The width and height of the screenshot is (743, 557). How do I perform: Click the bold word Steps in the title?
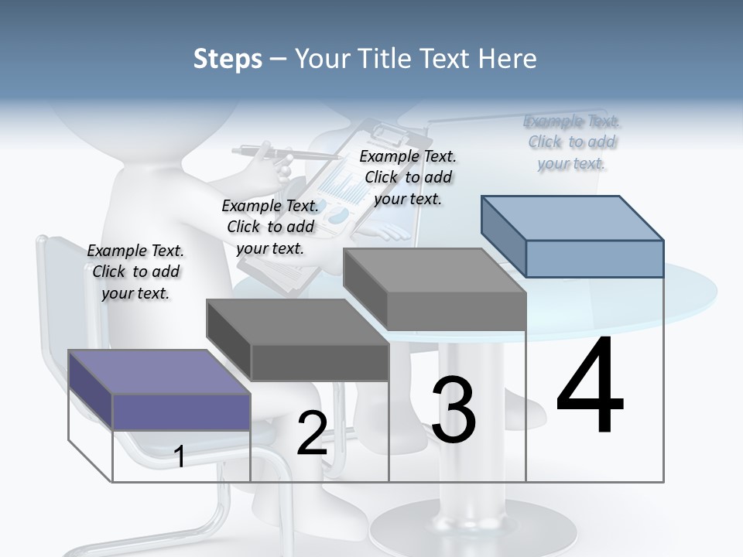point(227,59)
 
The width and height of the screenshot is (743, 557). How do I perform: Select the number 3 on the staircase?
point(454,410)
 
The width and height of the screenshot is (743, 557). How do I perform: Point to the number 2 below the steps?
point(312,433)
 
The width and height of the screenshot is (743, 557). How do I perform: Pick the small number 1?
point(180,456)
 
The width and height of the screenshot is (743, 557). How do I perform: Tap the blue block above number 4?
point(573,236)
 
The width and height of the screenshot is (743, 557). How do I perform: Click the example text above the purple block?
point(135,272)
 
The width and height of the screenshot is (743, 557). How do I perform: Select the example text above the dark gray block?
point(270,227)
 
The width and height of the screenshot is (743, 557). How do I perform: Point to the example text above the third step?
point(408,177)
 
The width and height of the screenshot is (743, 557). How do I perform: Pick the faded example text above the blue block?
point(572,142)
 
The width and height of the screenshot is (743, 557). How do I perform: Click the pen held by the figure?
point(259,152)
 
